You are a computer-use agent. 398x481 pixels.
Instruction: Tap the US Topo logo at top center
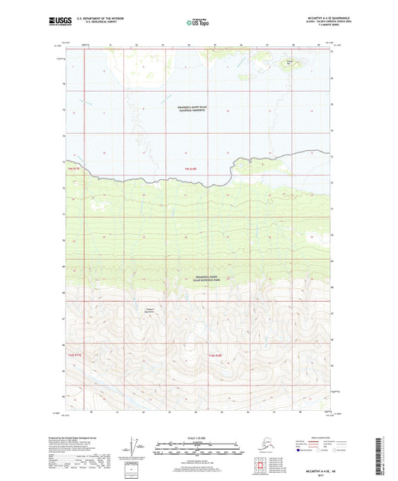point(196,22)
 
